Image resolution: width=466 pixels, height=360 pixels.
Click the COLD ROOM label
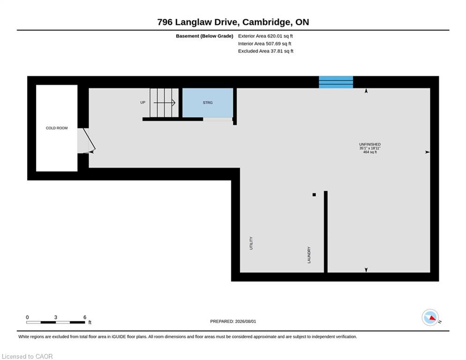click(57, 128)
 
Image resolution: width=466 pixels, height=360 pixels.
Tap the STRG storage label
click(208, 103)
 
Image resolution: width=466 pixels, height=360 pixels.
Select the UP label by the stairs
click(143, 102)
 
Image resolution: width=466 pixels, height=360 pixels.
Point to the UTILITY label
click(251, 243)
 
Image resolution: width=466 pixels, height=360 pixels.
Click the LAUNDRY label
click(309, 255)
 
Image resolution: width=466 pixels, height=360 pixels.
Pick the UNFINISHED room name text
click(370, 144)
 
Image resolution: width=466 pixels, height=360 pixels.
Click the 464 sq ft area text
click(370, 152)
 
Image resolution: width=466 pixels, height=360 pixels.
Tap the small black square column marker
click(314, 195)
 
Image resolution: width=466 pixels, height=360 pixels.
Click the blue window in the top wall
click(336, 82)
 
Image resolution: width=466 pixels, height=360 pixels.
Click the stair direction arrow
click(164, 103)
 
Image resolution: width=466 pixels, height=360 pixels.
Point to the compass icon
click(430, 317)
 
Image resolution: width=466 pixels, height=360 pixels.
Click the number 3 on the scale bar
click(56, 317)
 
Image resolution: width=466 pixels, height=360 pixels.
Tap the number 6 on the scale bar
click(85, 317)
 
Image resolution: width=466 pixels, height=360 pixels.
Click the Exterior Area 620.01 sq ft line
click(266, 36)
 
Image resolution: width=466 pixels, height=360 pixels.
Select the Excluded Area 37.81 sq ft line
click(266, 51)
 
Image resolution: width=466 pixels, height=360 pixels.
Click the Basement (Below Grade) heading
click(205, 36)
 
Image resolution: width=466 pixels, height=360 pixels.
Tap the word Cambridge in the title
click(266, 22)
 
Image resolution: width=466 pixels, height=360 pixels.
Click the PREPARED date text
click(233, 321)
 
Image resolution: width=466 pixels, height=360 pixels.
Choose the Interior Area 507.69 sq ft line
click(265, 44)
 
